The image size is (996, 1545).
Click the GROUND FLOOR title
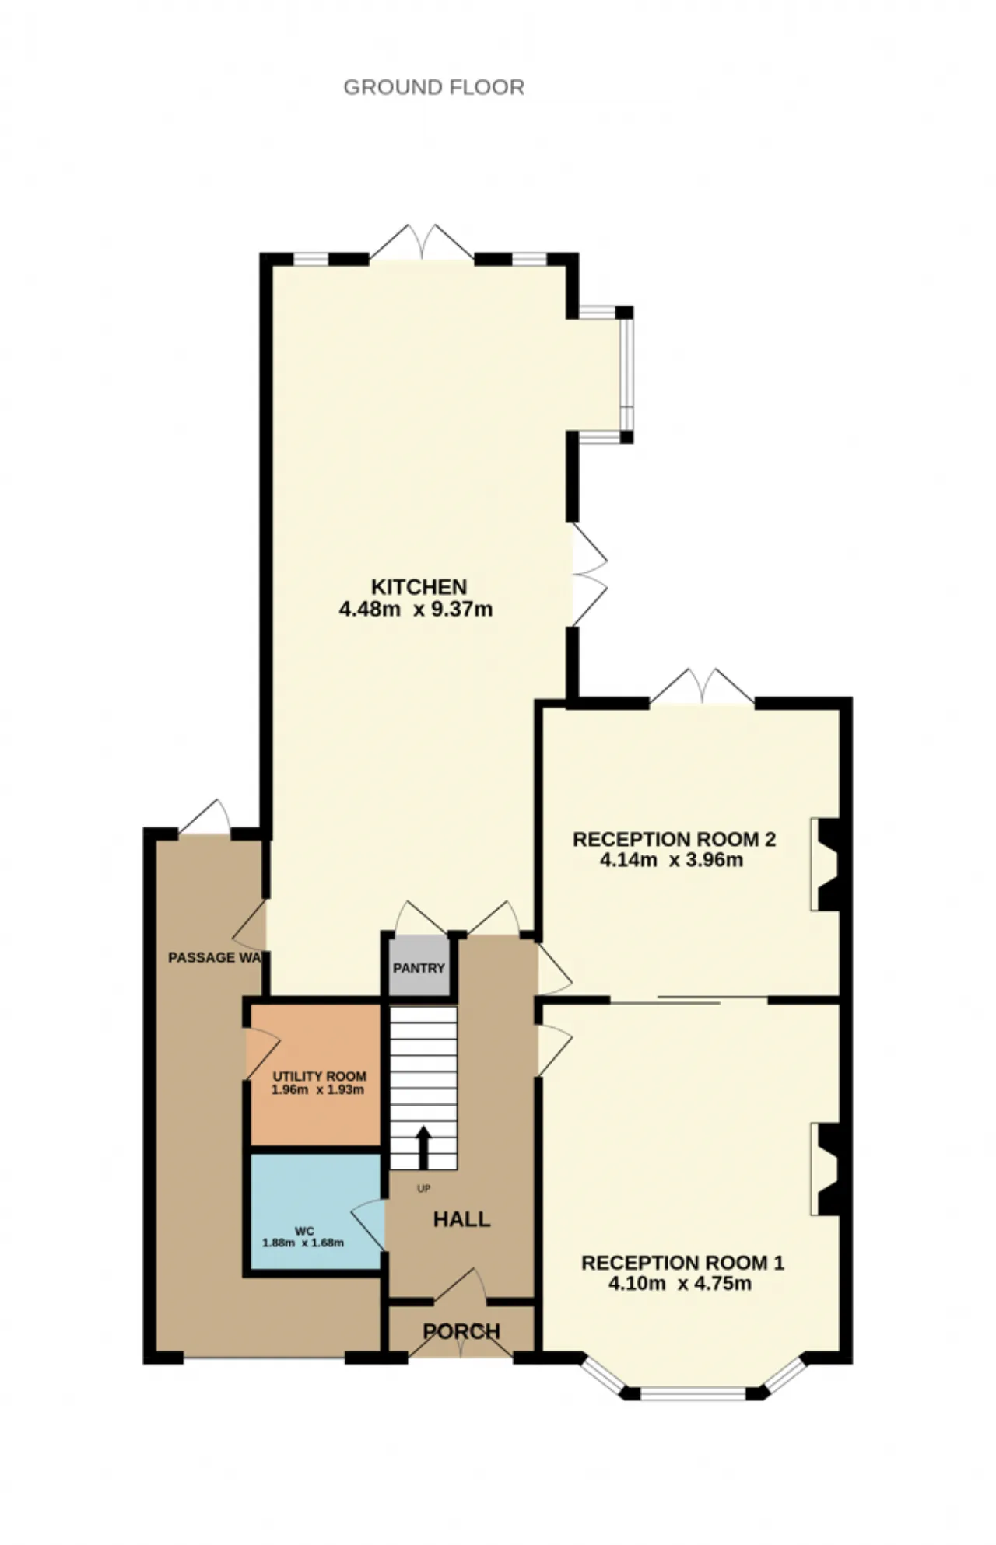[x=433, y=87]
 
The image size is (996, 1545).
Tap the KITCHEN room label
[x=419, y=587]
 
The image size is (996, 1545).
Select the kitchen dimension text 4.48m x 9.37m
[x=416, y=609]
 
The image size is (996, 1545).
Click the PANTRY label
[x=419, y=968]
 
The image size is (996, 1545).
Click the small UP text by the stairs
[x=423, y=1189]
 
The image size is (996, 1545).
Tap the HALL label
[x=461, y=1219]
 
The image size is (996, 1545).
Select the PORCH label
[x=461, y=1331]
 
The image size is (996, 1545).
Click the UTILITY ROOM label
[x=319, y=1077]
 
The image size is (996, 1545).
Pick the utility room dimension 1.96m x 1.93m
[x=317, y=1090]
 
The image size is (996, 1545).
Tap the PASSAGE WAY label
[x=215, y=957]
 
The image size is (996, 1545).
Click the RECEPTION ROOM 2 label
[x=674, y=840]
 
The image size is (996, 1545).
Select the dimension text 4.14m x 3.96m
[x=672, y=861]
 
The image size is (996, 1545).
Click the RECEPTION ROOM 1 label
[x=682, y=1263]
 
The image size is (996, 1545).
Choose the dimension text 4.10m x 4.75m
[x=679, y=1284]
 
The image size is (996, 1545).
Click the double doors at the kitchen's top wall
[x=421, y=242]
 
